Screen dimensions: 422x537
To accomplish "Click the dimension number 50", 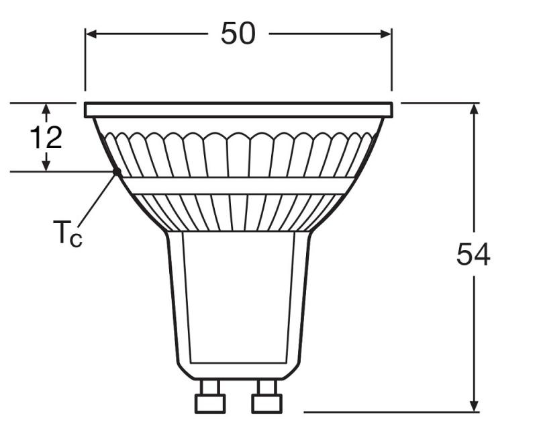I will coord(238,33).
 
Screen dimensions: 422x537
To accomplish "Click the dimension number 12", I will coord(46,138).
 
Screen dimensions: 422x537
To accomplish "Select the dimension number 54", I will coord(473,255).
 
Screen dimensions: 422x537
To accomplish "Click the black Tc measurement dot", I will coord(117,171).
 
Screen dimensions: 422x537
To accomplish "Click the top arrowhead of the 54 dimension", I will coord(474,109).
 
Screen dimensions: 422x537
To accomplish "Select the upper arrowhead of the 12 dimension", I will coord(46,108).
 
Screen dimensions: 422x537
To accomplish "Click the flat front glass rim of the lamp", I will coord(238,110).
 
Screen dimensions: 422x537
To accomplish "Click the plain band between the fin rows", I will coord(238,185).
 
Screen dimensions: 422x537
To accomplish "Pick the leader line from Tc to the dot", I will coord(97,198).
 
